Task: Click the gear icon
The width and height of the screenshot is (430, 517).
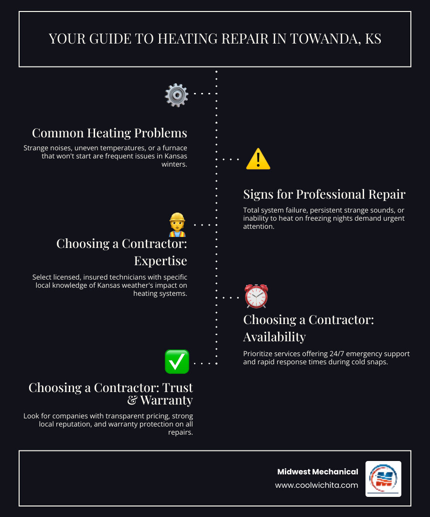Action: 176,95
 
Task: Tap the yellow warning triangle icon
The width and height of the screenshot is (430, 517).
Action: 258,159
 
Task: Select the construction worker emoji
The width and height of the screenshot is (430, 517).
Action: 177,225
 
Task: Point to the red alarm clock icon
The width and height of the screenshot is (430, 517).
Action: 257,296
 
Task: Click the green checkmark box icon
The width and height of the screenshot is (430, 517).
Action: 177,362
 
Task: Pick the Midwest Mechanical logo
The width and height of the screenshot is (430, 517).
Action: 383,479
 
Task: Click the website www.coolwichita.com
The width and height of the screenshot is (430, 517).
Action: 316,485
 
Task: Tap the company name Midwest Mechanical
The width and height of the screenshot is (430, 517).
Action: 318,472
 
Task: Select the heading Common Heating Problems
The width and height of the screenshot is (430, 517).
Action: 109,133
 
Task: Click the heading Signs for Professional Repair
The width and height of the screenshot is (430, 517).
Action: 324,194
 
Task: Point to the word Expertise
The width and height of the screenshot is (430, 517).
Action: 160,260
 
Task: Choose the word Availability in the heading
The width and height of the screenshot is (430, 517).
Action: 274,337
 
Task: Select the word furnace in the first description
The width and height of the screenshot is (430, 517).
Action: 174,148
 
